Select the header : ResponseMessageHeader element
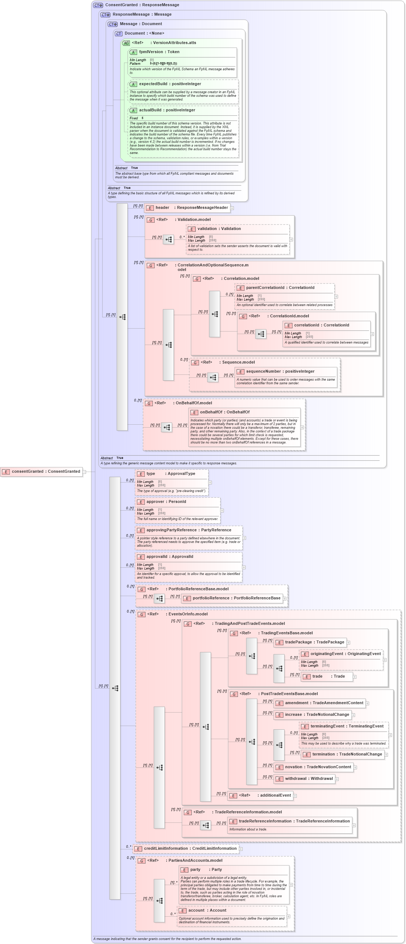pyautogui.click(x=187, y=208)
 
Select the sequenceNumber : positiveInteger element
pyautogui.click(x=280, y=371)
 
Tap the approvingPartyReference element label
pyautogui.click(x=188, y=530)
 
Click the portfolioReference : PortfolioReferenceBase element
pyautogui.click(x=232, y=598)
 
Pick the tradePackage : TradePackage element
pyautogui.click(x=310, y=642)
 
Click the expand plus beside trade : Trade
pyautogui.click(x=355, y=677)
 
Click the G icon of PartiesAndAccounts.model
pyautogui.click(x=142, y=860)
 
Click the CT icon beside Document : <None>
pyautogui.click(x=118, y=34)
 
